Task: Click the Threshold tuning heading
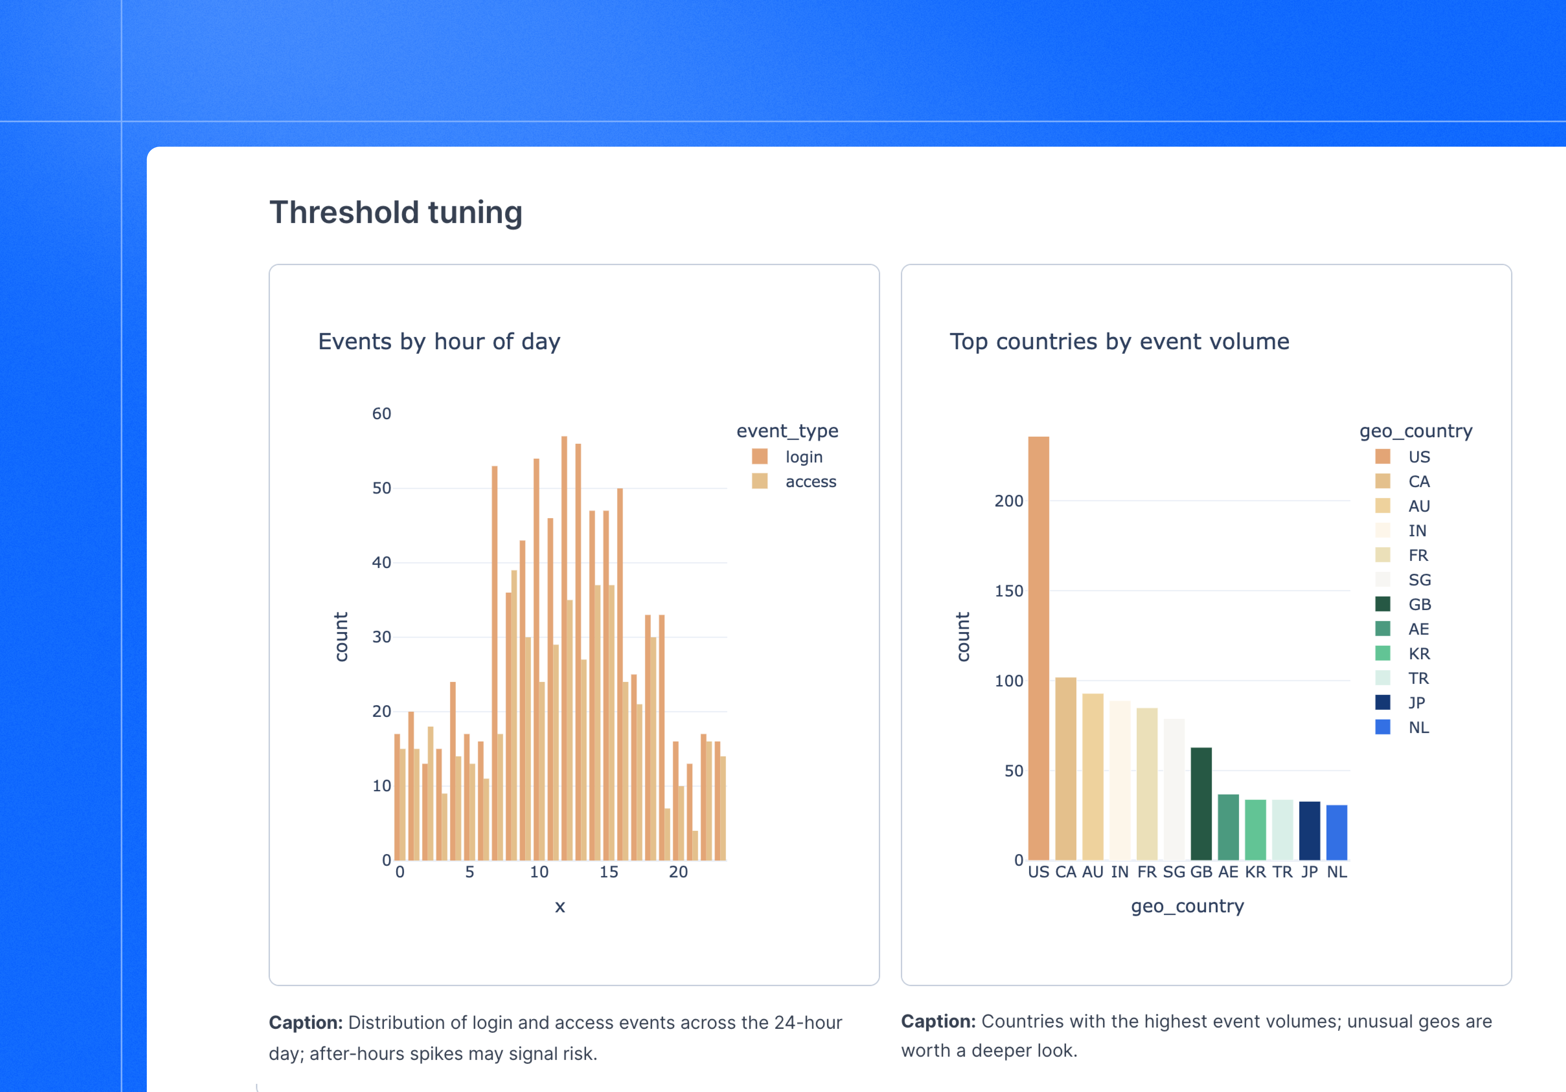tap(396, 213)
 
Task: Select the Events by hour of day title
tap(439, 341)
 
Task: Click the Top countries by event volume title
tap(1119, 341)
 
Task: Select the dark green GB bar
tap(1201, 804)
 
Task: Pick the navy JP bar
tap(1309, 831)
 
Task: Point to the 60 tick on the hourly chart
tap(382, 414)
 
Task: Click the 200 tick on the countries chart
tap(1009, 501)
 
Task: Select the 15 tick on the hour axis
tap(608, 872)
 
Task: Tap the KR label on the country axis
tap(1255, 872)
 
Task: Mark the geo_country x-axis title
tap(1188, 906)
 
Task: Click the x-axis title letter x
tap(560, 907)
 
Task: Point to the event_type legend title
tap(787, 431)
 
